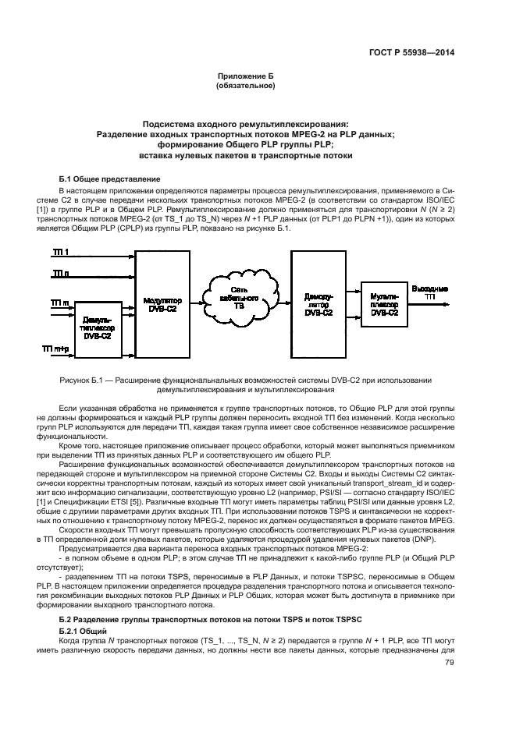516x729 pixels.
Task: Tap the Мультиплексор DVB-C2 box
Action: [384, 303]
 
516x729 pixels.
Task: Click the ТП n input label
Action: [60, 273]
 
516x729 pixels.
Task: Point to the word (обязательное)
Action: [244, 86]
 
